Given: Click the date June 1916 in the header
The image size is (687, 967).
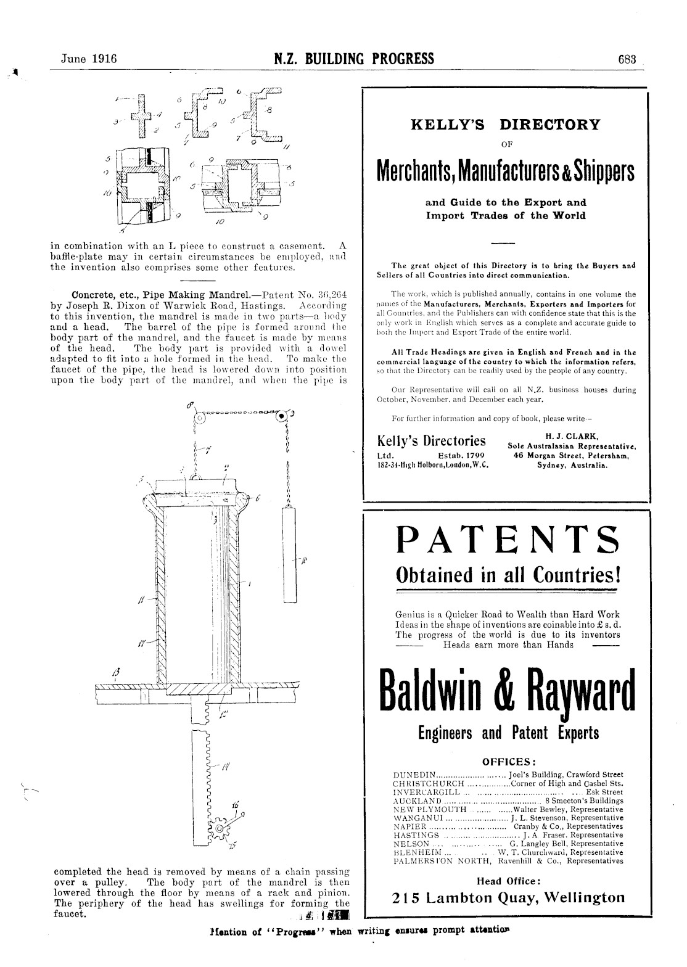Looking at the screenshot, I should click(89, 59).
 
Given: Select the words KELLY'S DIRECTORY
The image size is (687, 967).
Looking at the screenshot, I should click(505, 125).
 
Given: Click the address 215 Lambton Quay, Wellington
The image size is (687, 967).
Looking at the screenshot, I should click(508, 897).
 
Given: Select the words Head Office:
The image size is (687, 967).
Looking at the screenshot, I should click(509, 881).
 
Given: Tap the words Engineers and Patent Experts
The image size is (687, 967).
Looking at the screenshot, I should click(508, 733).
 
